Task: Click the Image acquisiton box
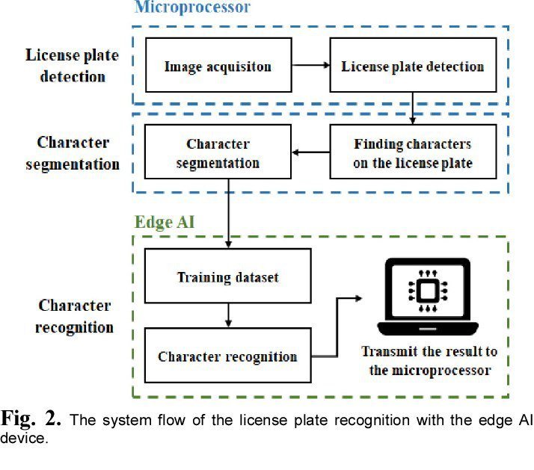(x=218, y=67)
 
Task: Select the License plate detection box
(x=412, y=67)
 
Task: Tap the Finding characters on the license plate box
(x=412, y=153)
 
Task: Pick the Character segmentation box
(x=218, y=153)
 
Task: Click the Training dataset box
(x=227, y=277)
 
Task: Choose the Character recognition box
(x=227, y=356)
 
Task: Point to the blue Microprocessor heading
(x=192, y=8)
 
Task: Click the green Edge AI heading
(x=165, y=222)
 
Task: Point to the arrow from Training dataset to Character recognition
(x=227, y=316)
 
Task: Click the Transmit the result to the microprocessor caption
(x=429, y=361)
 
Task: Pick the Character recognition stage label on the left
(x=74, y=316)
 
